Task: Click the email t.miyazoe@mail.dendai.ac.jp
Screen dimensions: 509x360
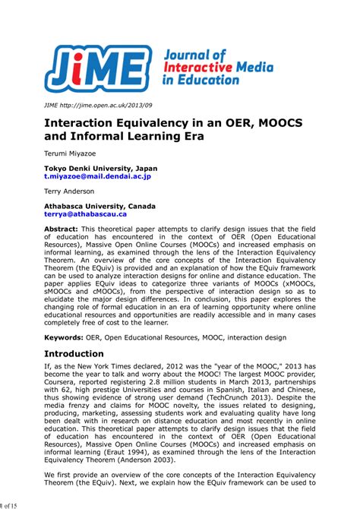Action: [97, 175]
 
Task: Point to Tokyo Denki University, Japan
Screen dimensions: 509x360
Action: [100, 167]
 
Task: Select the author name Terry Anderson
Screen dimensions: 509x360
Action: [69, 191]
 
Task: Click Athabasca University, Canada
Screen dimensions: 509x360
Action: [99, 206]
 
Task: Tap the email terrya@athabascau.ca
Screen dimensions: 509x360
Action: [85, 214]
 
